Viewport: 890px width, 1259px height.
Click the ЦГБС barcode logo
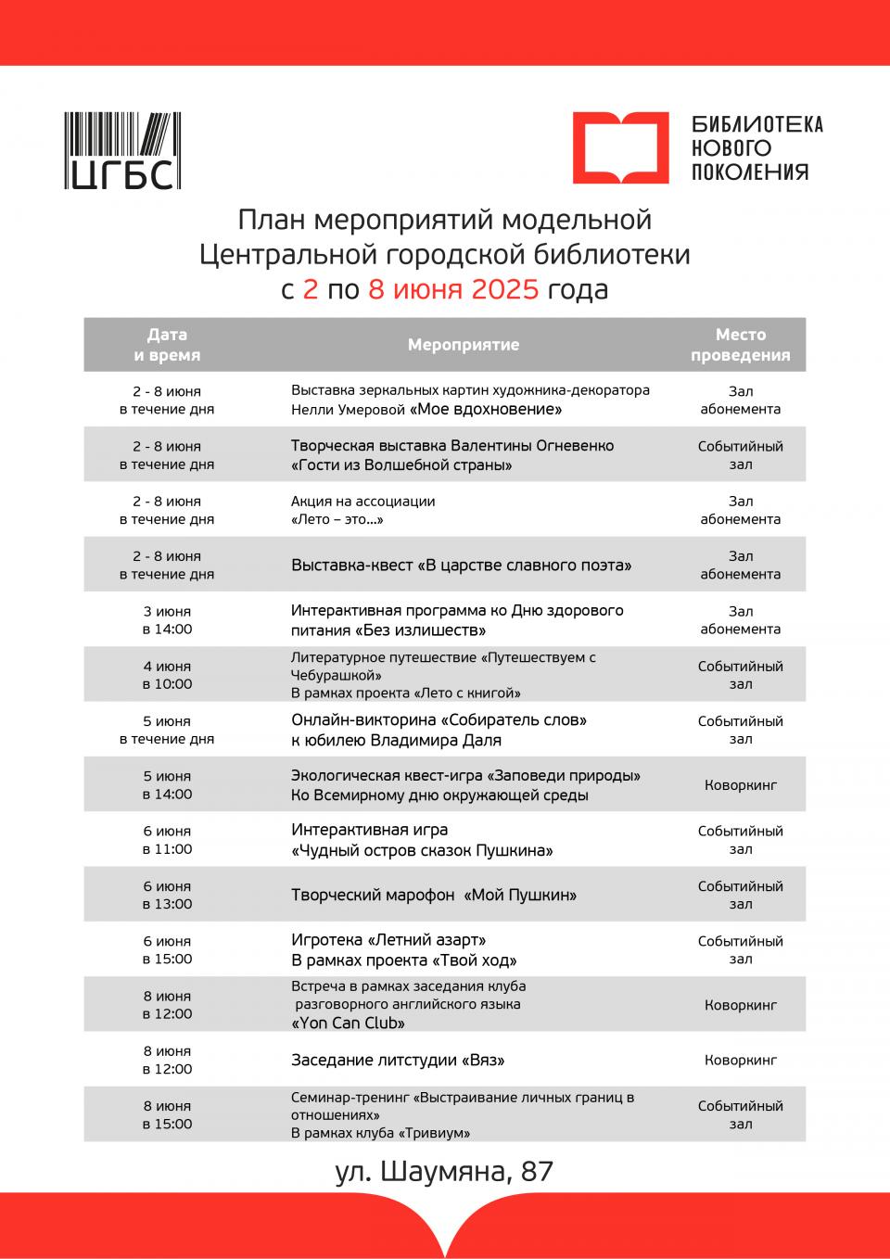coord(122,151)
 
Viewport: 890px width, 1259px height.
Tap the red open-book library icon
coord(620,147)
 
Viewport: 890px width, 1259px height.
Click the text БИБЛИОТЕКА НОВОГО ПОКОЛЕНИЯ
coord(757,147)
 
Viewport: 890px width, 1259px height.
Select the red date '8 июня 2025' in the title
coord(453,289)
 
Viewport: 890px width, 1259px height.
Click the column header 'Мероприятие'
coord(464,345)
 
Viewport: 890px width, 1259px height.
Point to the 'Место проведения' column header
coord(740,345)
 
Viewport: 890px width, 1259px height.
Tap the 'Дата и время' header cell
coord(167,345)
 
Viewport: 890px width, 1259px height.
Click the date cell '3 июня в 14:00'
coord(167,620)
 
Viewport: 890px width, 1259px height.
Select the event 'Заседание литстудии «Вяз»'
coord(398,1060)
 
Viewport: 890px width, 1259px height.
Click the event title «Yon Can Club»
coord(349,1024)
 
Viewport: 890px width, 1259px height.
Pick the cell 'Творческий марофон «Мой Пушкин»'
coord(434,895)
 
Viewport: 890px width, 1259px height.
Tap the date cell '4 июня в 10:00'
coord(167,675)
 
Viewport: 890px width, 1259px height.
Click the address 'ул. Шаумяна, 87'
coord(444,1171)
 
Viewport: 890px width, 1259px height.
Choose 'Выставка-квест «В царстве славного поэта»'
coord(461,565)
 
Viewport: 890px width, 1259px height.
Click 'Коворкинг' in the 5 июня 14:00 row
coord(740,785)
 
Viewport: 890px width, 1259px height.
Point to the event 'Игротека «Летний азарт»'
coord(388,940)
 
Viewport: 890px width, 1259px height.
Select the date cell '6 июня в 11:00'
coord(167,840)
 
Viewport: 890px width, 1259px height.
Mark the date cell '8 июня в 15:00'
coord(167,1114)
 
